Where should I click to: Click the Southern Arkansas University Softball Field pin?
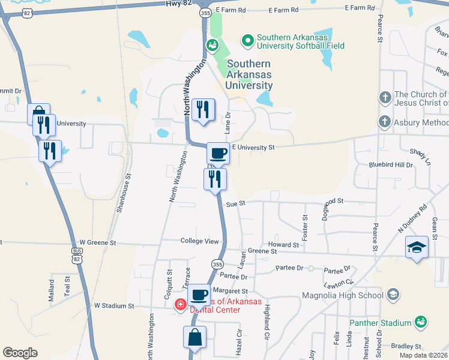tap(247, 41)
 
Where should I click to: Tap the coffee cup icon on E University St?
tap(218, 153)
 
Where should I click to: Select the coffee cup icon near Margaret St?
tap(199, 295)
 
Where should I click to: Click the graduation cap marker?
tap(416, 247)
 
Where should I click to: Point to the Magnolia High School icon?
tap(393, 295)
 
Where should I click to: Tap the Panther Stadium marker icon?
tap(422, 323)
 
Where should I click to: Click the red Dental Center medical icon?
tap(179, 305)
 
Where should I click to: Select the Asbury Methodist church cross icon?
tap(384, 122)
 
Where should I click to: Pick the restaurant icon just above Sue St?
tap(215, 178)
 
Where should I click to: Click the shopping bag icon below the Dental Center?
tap(195, 337)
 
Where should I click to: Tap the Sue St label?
tap(236, 204)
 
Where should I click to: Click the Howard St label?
tap(283, 245)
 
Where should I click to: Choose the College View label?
tap(200, 241)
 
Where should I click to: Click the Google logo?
tap(20, 353)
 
